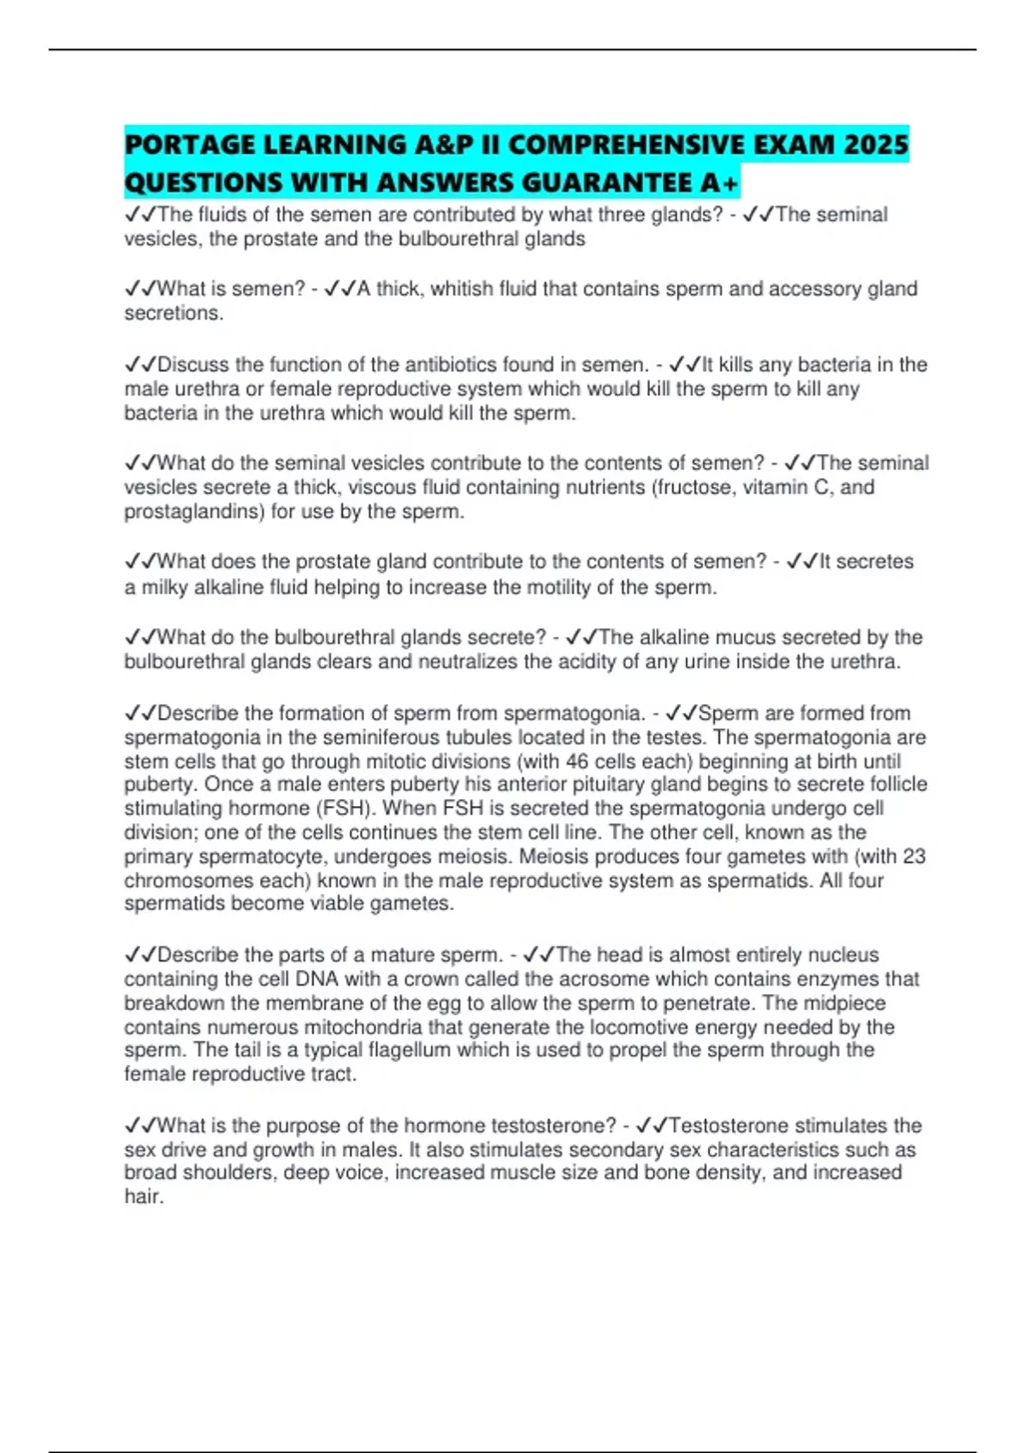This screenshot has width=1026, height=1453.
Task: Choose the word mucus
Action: [749, 638]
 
